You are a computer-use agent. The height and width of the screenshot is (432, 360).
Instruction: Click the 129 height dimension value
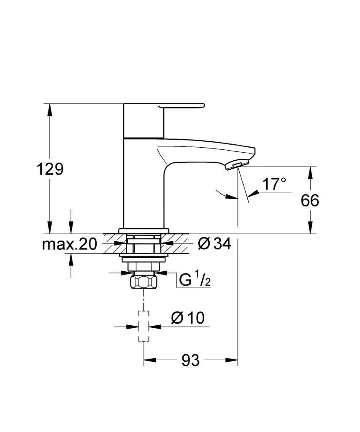[50, 169]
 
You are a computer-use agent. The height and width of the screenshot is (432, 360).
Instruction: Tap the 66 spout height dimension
[310, 200]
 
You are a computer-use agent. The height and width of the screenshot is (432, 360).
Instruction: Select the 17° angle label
[274, 184]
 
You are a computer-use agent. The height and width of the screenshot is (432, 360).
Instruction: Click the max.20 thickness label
[70, 243]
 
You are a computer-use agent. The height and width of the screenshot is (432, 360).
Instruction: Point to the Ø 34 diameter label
[214, 243]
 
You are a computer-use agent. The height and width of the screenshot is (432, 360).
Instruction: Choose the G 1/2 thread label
[195, 280]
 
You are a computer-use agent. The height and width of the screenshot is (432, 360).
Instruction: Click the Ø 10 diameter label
[187, 318]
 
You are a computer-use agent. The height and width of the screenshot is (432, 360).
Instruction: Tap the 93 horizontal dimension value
[190, 360]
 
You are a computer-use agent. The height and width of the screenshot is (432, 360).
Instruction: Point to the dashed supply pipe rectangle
[144, 326]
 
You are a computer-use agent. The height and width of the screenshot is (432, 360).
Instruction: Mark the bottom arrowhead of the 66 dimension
[311, 228]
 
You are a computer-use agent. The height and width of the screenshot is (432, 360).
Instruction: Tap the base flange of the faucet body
[144, 231]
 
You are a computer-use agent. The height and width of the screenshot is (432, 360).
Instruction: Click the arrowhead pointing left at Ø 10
[154, 326]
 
